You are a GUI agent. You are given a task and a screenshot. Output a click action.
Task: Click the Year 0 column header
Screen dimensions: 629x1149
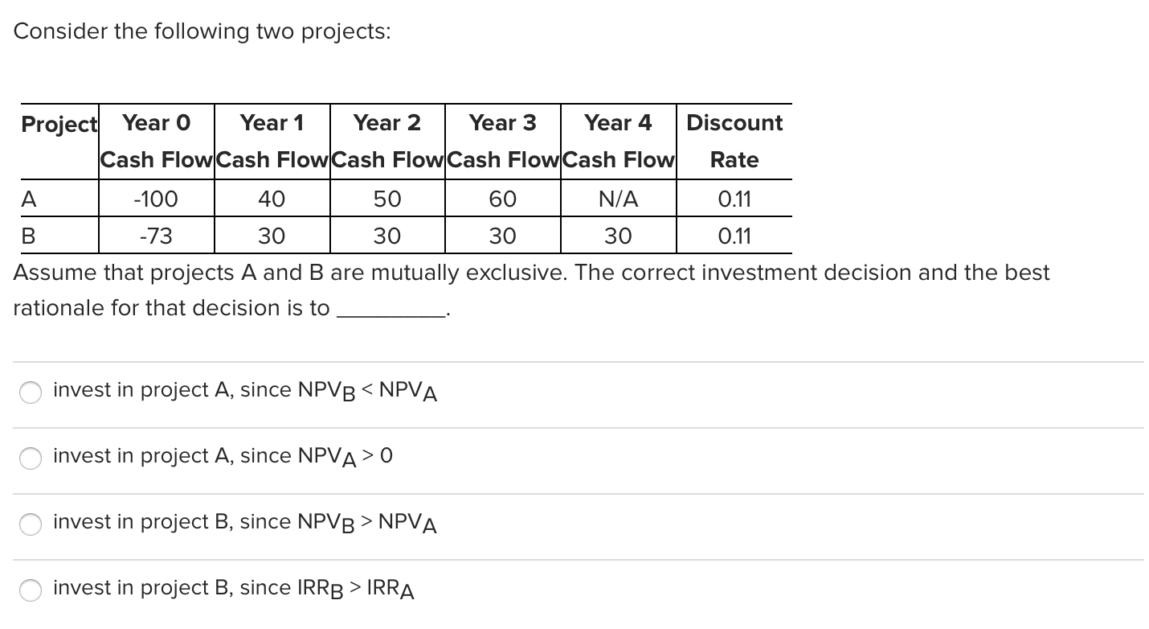[x=157, y=123]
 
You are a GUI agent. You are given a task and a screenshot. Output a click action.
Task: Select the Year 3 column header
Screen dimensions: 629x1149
[x=502, y=123]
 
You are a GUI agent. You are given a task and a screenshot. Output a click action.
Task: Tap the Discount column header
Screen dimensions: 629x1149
[x=734, y=123]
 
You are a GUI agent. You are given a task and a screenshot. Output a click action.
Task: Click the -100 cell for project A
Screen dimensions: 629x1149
[x=157, y=199]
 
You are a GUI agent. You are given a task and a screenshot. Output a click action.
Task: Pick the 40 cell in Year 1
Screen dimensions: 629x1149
[x=272, y=199]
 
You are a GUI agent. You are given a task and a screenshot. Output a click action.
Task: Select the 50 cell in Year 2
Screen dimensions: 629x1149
[x=387, y=199]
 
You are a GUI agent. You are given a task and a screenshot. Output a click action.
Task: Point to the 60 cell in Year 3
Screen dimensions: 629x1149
[x=502, y=199]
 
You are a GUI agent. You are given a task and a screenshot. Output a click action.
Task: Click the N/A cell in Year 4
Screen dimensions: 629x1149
[x=618, y=199]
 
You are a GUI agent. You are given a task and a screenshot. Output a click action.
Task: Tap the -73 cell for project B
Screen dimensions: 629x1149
[x=157, y=236]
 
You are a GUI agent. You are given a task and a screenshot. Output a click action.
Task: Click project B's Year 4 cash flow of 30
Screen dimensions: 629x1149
[x=618, y=236]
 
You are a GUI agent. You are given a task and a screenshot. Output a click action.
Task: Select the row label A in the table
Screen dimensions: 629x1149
[x=28, y=199]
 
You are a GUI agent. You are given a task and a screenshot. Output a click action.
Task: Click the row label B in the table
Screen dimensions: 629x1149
[x=28, y=236]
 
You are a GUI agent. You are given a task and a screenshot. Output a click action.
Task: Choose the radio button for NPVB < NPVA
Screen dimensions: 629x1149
[x=31, y=392]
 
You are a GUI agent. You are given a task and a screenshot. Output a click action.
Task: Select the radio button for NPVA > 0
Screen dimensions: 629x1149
[x=31, y=458]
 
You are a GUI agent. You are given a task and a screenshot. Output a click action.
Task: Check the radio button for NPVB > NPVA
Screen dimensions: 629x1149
[x=31, y=524]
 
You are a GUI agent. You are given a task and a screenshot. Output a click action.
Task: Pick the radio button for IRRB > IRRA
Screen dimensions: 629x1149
[x=31, y=590]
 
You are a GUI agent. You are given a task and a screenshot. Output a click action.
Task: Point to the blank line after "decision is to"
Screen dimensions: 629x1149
[x=390, y=310]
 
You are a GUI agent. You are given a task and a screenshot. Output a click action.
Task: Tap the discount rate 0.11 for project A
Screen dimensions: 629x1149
[x=734, y=199]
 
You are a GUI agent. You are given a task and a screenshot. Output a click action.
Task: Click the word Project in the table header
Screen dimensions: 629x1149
[x=59, y=125]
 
